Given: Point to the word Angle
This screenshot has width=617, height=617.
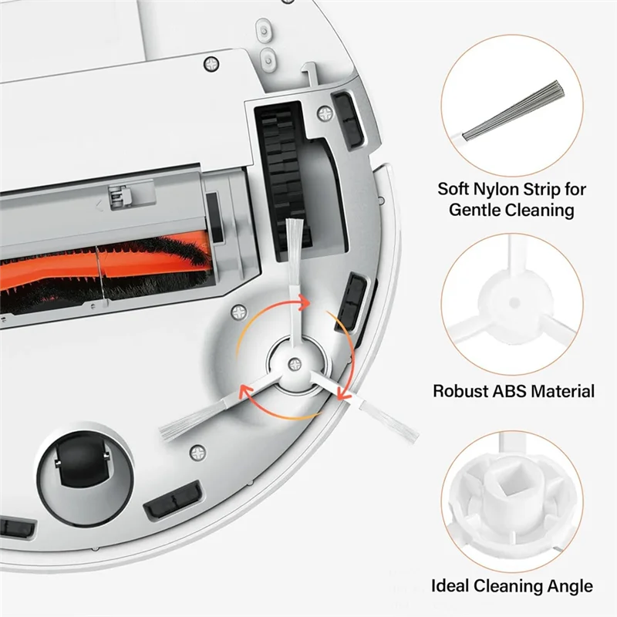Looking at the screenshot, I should click(x=569, y=586).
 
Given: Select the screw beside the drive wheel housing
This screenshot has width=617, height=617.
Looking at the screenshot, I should click(x=324, y=113).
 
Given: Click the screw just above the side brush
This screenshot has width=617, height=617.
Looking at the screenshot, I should click(x=238, y=313).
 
